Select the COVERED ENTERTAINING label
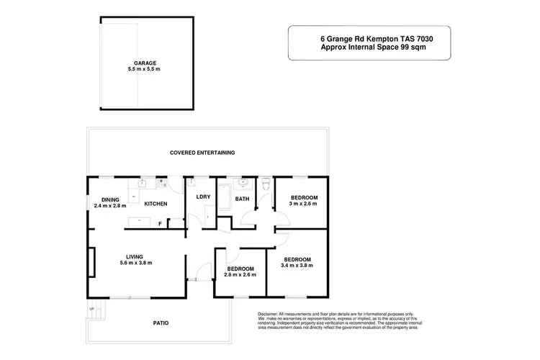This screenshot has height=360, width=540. click(x=202, y=153)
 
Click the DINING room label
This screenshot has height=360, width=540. click(x=109, y=199)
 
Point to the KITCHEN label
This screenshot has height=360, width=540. click(x=156, y=204)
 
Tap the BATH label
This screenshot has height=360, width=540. click(x=242, y=199)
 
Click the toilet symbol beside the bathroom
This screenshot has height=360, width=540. click(x=266, y=186)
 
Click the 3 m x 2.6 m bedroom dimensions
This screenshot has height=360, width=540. click(x=304, y=204)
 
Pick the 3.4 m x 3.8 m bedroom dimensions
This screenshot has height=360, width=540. click(x=297, y=266)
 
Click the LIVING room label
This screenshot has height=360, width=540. click(x=135, y=256)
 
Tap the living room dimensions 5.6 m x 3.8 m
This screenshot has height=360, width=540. click(x=135, y=263)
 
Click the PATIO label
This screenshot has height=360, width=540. click(x=161, y=323)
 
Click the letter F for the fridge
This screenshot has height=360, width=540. click(x=160, y=224)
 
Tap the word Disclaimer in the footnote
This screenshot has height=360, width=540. click(x=268, y=315)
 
